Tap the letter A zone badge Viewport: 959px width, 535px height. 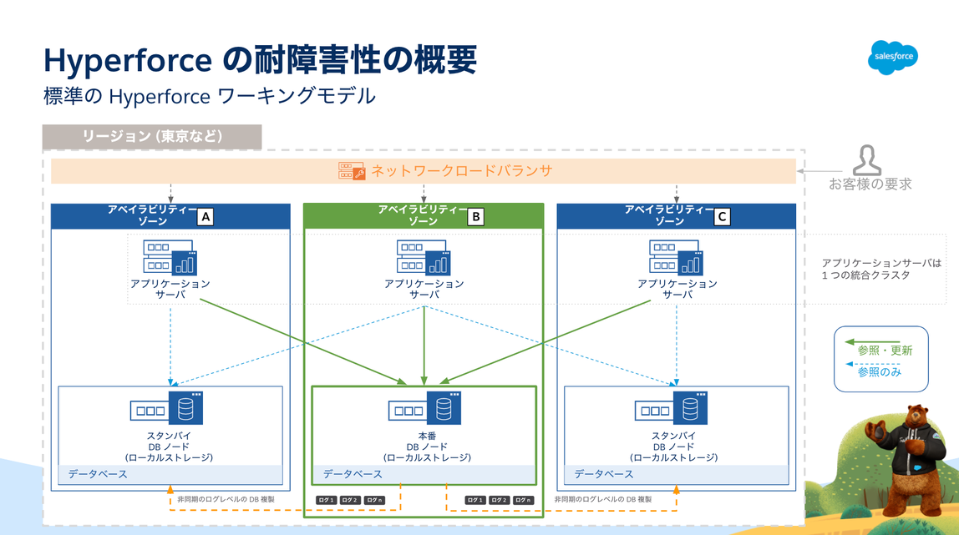coord(205,218)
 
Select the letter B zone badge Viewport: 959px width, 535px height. coord(475,218)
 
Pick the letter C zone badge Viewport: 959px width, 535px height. coord(723,218)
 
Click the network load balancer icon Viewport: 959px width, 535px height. coord(351,171)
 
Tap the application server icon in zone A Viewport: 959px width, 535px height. coord(170,257)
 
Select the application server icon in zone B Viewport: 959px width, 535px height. coord(424,257)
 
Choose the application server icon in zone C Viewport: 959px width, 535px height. coord(677,257)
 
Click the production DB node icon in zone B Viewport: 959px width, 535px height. coord(425,409)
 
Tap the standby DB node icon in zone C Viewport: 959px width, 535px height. coord(672,409)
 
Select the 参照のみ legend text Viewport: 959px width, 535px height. coord(880,371)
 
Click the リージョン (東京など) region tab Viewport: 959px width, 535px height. coord(152,137)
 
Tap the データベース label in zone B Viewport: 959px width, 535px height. coord(353,474)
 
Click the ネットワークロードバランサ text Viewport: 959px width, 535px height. coord(461,171)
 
